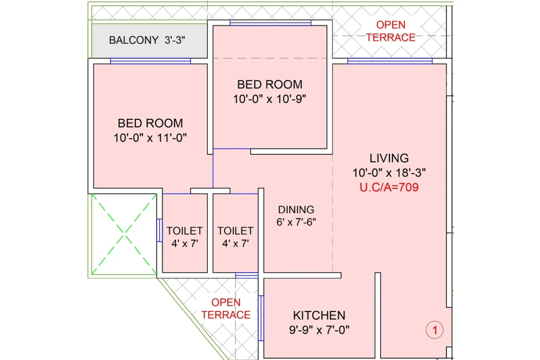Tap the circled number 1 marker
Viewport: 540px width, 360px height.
435,329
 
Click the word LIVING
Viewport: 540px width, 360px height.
389,158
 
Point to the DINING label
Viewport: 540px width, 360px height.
296,209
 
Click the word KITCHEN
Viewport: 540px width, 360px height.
319,315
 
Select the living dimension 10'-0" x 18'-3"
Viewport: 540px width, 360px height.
389,173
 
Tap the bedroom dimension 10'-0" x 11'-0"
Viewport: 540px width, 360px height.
150,138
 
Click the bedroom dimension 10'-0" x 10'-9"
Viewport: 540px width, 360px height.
269,99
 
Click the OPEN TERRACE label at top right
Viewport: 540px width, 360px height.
390,31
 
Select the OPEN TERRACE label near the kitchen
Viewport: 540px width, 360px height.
226,309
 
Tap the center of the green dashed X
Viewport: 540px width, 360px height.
125,235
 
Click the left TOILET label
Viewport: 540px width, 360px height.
185,230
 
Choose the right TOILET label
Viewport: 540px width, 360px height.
235,230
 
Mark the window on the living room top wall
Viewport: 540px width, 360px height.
390,61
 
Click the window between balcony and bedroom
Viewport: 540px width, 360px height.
150,61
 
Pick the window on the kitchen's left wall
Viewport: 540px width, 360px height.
261,318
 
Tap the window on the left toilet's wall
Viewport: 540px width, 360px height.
159,230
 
